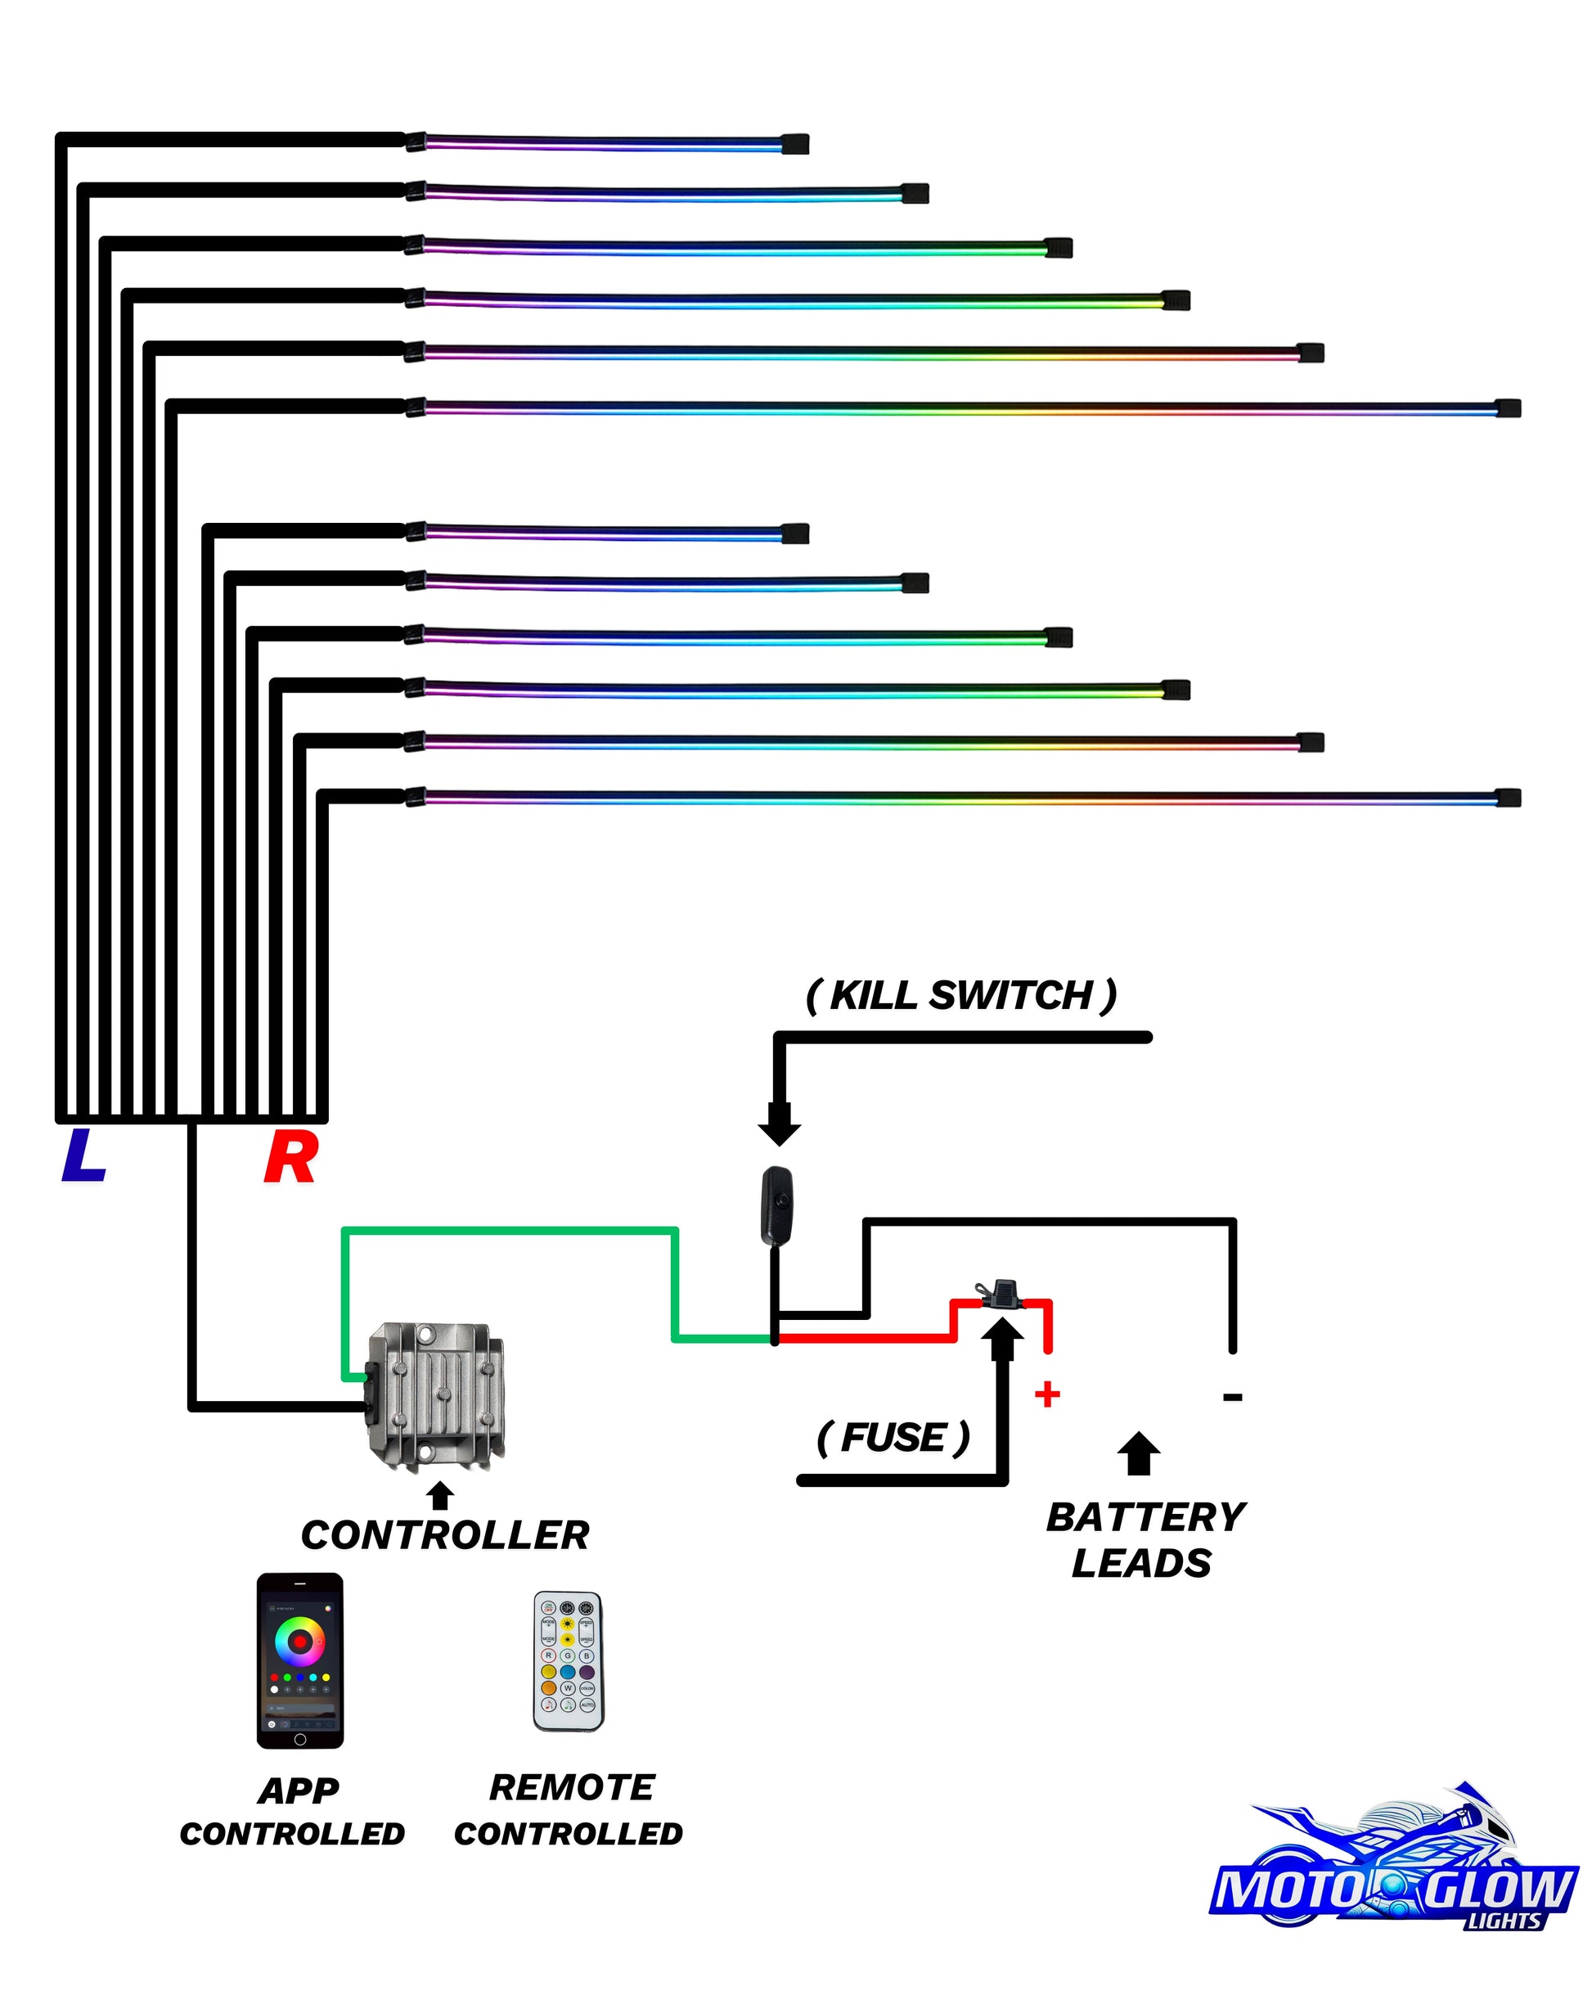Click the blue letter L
[x=83, y=1156]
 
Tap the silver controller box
[x=436, y=1394]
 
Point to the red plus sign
[x=1046, y=1394]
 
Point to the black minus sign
[x=1232, y=1397]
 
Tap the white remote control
[x=568, y=1661]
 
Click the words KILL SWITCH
[x=961, y=995]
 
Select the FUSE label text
[x=894, y=1438]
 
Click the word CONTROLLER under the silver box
[x=445, y=1536]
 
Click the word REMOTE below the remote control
[x=572, y=1788]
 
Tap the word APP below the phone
[x=299, y=1791]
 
